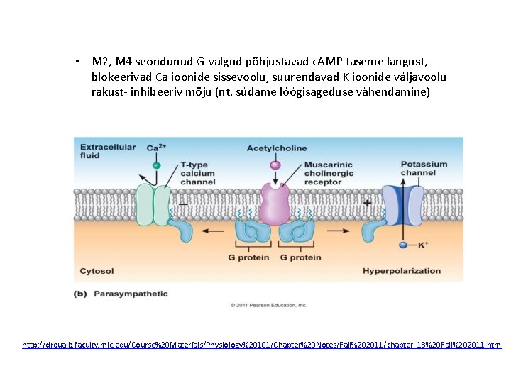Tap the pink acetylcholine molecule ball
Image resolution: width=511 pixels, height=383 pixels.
[275, 165]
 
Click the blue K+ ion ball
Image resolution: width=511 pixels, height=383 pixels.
[402, 245]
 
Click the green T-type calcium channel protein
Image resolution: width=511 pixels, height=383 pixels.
[153, 206]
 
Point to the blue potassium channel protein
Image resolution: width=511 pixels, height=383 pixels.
[402, 205]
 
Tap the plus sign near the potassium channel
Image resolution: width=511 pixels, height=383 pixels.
[367, 204]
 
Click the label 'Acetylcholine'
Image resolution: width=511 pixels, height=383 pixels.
[277, 148]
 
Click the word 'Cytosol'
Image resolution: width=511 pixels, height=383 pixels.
[97, 271]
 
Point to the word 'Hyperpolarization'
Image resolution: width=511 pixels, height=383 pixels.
[402, 271]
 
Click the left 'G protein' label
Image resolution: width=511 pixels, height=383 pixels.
[248, 257]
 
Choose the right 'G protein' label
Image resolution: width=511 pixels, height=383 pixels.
[300, 257]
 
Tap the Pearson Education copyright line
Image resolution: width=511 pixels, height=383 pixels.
[268, 306]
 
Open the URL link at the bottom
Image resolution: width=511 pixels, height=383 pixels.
[261, 345]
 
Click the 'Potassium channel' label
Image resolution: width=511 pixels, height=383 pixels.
[424, 168]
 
